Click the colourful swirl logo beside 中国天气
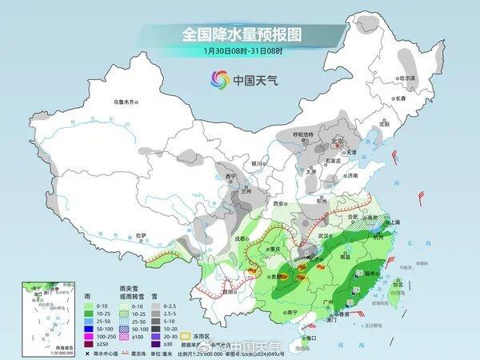coord(219,79)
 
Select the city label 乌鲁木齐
coord(126,102)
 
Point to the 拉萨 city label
coord(141,234)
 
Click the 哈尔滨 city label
coord(408,78)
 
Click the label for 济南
coord(352,174)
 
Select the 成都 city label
coord(239,238)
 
